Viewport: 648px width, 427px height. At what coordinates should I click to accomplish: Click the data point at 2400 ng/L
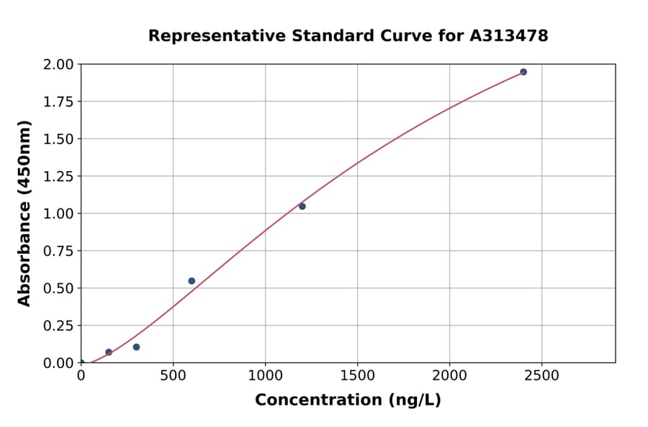tap(523, 72)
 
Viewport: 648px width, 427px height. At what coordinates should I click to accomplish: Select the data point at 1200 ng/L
tap(302, 206)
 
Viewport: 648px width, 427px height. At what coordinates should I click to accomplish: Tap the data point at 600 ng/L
tap(192, 281)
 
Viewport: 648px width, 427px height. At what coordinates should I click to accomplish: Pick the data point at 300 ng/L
tap(136, 347)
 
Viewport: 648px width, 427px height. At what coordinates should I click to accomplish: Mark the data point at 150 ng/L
tap(109, 352)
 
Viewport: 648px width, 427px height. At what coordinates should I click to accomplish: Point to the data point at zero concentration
tap(81, 363)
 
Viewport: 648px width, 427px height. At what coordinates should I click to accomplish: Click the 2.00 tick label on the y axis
tap(58, 65)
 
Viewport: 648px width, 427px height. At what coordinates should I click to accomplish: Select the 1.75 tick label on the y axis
tap(58, 102)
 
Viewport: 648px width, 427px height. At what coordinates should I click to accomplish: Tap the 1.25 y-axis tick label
tap(58, 176)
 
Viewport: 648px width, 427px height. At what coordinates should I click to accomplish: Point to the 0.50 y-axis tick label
tap(58, 288)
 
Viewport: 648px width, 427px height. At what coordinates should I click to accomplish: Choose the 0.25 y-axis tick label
tap(58, 326)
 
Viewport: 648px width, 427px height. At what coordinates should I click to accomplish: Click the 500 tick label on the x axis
tap(173, 375)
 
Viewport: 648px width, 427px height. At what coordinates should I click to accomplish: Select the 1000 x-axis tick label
tap(265, 375)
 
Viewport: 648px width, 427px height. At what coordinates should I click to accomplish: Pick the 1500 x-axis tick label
tap(358, 375)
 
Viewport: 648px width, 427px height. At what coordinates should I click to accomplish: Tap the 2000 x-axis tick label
tap(450, 375)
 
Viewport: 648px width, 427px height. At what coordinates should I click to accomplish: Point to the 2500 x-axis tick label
tap(542, 375)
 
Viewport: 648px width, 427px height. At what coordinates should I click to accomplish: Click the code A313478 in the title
tap(509, 36)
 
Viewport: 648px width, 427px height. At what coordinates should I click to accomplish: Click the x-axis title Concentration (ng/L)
tap(348, 400)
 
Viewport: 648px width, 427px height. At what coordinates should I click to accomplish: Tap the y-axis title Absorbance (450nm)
tap(24, 213)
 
